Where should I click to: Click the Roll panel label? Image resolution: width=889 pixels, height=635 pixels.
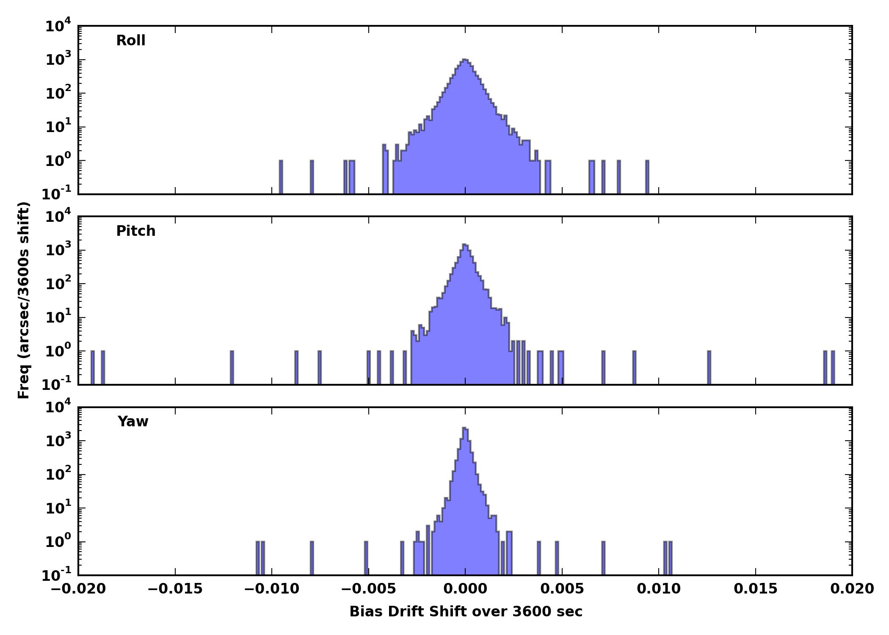131,41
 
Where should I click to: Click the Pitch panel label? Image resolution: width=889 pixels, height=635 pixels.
136,231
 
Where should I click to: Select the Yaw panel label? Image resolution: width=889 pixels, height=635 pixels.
133,422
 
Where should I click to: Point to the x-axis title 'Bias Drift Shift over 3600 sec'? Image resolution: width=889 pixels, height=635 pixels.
466,612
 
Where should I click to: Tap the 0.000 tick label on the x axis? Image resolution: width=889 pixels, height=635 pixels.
465,589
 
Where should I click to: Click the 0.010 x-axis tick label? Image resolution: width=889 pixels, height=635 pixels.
659,589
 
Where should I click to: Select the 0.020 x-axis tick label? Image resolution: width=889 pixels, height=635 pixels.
852,589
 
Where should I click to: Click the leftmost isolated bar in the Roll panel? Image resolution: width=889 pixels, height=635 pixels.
281,177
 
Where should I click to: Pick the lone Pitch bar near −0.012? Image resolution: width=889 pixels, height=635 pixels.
232,367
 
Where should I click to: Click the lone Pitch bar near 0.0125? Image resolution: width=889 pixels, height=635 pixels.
709,367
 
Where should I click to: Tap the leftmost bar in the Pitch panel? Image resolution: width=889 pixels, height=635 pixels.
93,367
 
